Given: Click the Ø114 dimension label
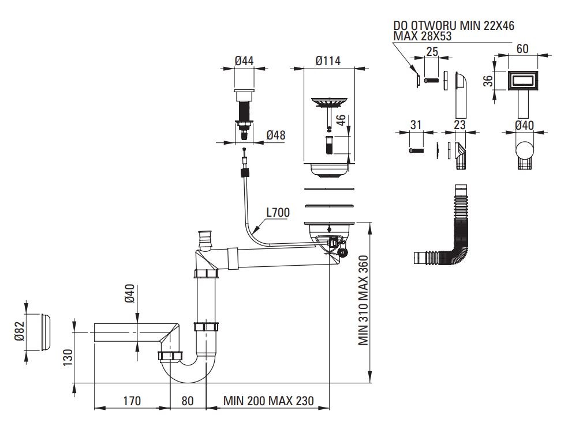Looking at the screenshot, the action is click(328, 61).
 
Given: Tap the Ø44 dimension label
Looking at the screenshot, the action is click(244, 61).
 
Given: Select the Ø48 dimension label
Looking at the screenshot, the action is click(276, 135).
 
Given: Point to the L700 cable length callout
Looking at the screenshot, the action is click(278, 212).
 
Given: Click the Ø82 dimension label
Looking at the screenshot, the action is click(20, 331).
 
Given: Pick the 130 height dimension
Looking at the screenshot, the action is click(68, 357).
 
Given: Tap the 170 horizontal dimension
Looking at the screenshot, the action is click(132, 401).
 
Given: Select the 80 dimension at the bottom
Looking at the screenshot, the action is click(187, 401).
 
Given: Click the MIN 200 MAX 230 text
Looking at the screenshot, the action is click(268, 401).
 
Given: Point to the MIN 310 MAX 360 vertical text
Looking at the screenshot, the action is click(363, 300).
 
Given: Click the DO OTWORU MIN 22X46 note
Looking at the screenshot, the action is click(454, 25).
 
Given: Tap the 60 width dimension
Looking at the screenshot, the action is click(522, 48).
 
